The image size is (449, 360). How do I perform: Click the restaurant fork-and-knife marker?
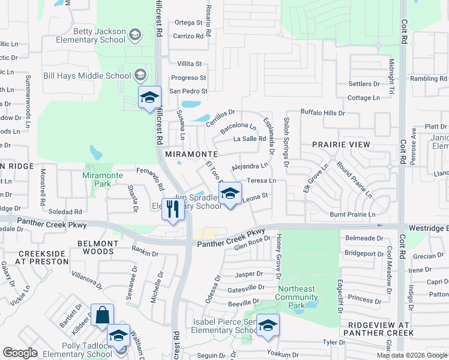coord(173,209)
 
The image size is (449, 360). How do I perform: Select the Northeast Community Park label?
coord(297,293)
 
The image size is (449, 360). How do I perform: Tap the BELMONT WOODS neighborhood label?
coord(97,248)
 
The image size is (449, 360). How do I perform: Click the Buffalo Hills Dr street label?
coord(322,113)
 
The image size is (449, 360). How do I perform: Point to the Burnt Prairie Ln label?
coord(352,214)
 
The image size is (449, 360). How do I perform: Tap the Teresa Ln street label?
coord(261,181)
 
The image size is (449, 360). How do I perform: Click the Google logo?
coord(20,353)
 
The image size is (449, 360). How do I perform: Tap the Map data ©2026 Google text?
coord(411,355)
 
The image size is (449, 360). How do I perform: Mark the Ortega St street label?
coord(188,23)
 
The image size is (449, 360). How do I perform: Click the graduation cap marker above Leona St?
coord(229,194)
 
